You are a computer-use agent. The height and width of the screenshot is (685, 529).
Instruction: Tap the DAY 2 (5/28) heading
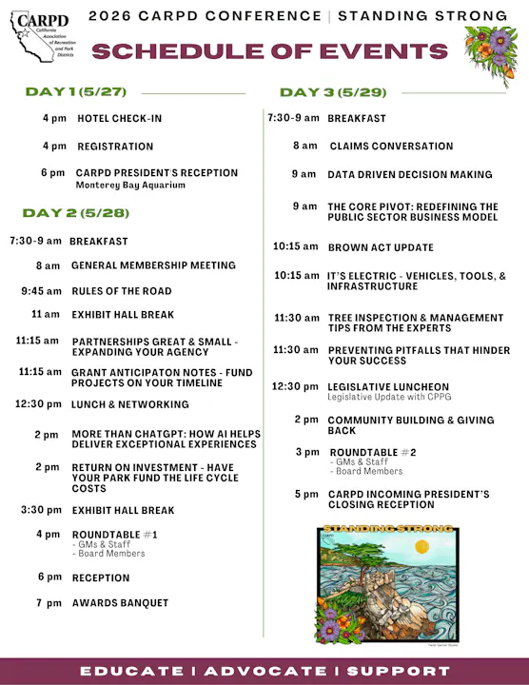75,212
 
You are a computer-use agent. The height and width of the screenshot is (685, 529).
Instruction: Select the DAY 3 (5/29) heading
333,92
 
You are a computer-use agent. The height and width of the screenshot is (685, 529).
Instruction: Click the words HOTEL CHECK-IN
120,119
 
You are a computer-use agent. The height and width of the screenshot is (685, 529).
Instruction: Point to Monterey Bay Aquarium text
130,185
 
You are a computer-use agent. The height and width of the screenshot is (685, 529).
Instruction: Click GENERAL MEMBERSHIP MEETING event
153,265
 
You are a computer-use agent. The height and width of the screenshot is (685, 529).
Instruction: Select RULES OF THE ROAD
122,290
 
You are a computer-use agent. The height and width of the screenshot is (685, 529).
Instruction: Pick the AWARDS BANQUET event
120,602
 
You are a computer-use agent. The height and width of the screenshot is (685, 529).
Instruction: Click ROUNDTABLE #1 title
114,535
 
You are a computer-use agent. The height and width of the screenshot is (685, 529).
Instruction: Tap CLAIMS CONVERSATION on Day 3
391,146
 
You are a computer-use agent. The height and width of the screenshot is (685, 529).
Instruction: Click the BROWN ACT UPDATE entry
380,247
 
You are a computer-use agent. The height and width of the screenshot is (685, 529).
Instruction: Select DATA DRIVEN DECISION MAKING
410,175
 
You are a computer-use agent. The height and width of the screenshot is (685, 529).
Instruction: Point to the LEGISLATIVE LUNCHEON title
388,387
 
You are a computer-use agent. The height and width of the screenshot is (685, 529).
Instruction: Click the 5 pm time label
305,495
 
